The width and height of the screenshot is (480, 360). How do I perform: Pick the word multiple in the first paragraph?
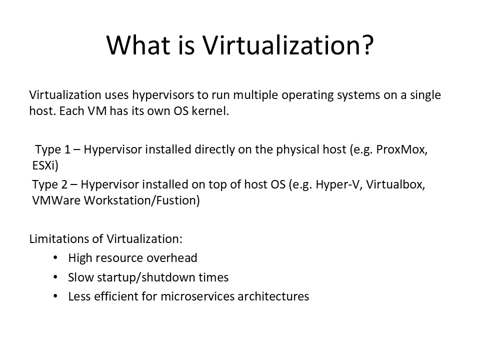[256, 95]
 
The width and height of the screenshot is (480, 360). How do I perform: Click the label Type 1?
[52, 149]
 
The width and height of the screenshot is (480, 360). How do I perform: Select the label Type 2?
[49, 184]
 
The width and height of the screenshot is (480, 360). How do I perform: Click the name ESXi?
[45, 165]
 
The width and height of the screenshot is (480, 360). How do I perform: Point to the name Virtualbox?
[395, 184]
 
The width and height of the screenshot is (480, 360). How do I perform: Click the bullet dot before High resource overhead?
[55, 258]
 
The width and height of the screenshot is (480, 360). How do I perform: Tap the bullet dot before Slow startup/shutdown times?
[55, 277]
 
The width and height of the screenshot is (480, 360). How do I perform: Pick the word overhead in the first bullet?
[171, 258]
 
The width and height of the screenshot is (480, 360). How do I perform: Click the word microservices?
[197, 296]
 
